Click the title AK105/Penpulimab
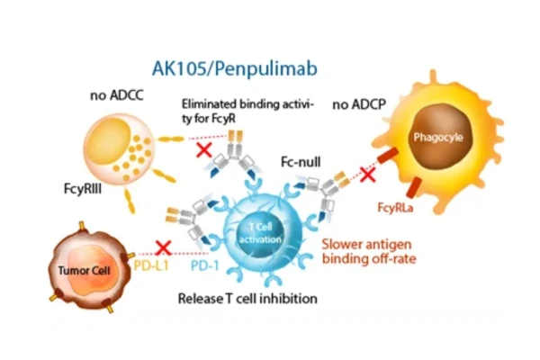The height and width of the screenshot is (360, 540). click(x=236, y=67)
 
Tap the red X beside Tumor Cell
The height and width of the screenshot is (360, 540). click(x=163, y=247)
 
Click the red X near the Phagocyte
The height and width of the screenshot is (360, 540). click(x=367, y=173)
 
